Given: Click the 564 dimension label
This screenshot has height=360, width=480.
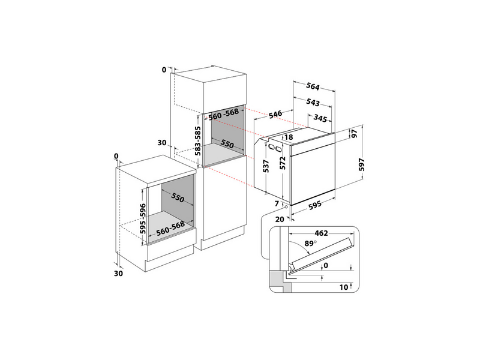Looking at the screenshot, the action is [313, 86].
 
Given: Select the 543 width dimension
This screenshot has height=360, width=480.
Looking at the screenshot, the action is [313, 102].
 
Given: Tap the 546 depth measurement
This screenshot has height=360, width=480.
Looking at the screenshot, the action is [275, 114].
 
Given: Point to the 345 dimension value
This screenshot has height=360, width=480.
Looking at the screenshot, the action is [320, 118].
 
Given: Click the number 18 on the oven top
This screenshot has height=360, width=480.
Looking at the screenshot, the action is [289, 137].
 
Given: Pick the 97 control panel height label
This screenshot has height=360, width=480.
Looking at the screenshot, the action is [354, 133].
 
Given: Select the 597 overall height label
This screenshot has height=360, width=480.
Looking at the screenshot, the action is [362, 164].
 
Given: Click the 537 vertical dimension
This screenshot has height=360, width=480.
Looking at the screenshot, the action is [266, 166].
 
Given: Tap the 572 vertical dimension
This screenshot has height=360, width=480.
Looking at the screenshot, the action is [283, 163].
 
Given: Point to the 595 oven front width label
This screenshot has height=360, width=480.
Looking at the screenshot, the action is [314, 205].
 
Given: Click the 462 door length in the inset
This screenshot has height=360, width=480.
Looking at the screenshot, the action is [321, 233].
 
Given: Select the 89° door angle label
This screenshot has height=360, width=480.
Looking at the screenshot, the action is [310, 244].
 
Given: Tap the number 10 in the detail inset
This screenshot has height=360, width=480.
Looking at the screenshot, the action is [344, 287].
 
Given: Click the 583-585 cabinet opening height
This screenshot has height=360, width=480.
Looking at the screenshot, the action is [198, 141].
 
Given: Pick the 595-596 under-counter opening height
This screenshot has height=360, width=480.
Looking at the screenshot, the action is [143, 218].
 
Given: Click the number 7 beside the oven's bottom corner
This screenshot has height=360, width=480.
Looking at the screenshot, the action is [277, 203].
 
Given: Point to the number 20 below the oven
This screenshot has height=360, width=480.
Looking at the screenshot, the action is [280, 219].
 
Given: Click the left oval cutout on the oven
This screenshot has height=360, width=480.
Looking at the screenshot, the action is [272, 147].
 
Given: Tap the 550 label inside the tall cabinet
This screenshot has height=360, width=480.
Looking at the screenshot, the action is [227, 143].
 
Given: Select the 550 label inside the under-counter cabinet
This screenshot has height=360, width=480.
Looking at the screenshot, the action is [178, 197].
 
